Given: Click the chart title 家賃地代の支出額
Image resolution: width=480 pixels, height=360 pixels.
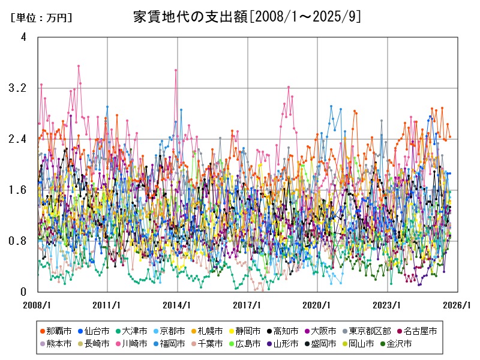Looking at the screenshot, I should (x=247, y=16).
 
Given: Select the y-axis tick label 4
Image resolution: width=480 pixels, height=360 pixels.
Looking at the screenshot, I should (x=23, y=37).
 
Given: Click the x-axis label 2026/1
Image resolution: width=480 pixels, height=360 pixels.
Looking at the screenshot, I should (x=458, y=305).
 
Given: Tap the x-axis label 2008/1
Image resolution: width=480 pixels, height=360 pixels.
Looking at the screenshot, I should (x=38, y=305).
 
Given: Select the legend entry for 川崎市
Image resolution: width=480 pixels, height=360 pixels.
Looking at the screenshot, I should (x=133, y=344).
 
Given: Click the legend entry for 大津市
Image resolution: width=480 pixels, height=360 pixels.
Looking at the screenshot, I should (x=133, y=331).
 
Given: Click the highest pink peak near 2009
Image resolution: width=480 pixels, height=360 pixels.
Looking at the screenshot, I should (x=79, y=66).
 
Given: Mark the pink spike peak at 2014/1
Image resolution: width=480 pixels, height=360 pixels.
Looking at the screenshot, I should (x=176, y=70).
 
